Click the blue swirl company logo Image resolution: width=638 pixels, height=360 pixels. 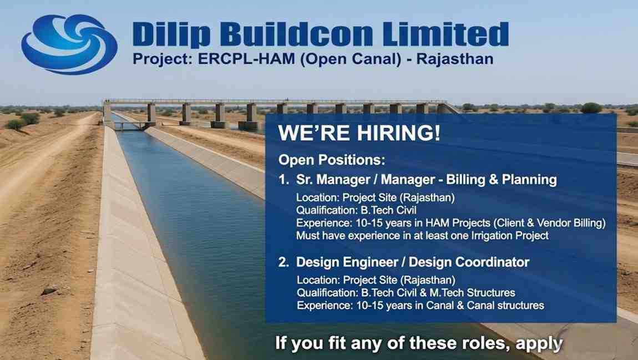(x=69, y=44)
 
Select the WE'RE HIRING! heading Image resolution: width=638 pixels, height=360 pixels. (x=359, y=135)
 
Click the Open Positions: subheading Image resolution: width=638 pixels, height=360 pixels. (x=331, y=160)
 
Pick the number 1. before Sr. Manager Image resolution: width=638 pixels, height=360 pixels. (x=284, y=180)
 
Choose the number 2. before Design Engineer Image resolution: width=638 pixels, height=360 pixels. (x=284, y=262)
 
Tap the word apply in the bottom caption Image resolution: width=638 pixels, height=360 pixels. (x=539, y=343)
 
